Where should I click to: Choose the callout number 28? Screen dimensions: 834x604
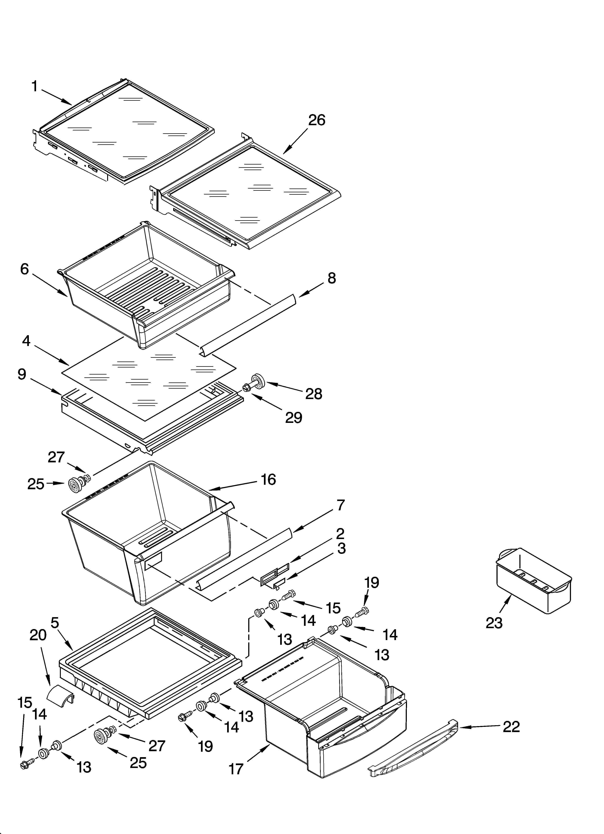(314, 394)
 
